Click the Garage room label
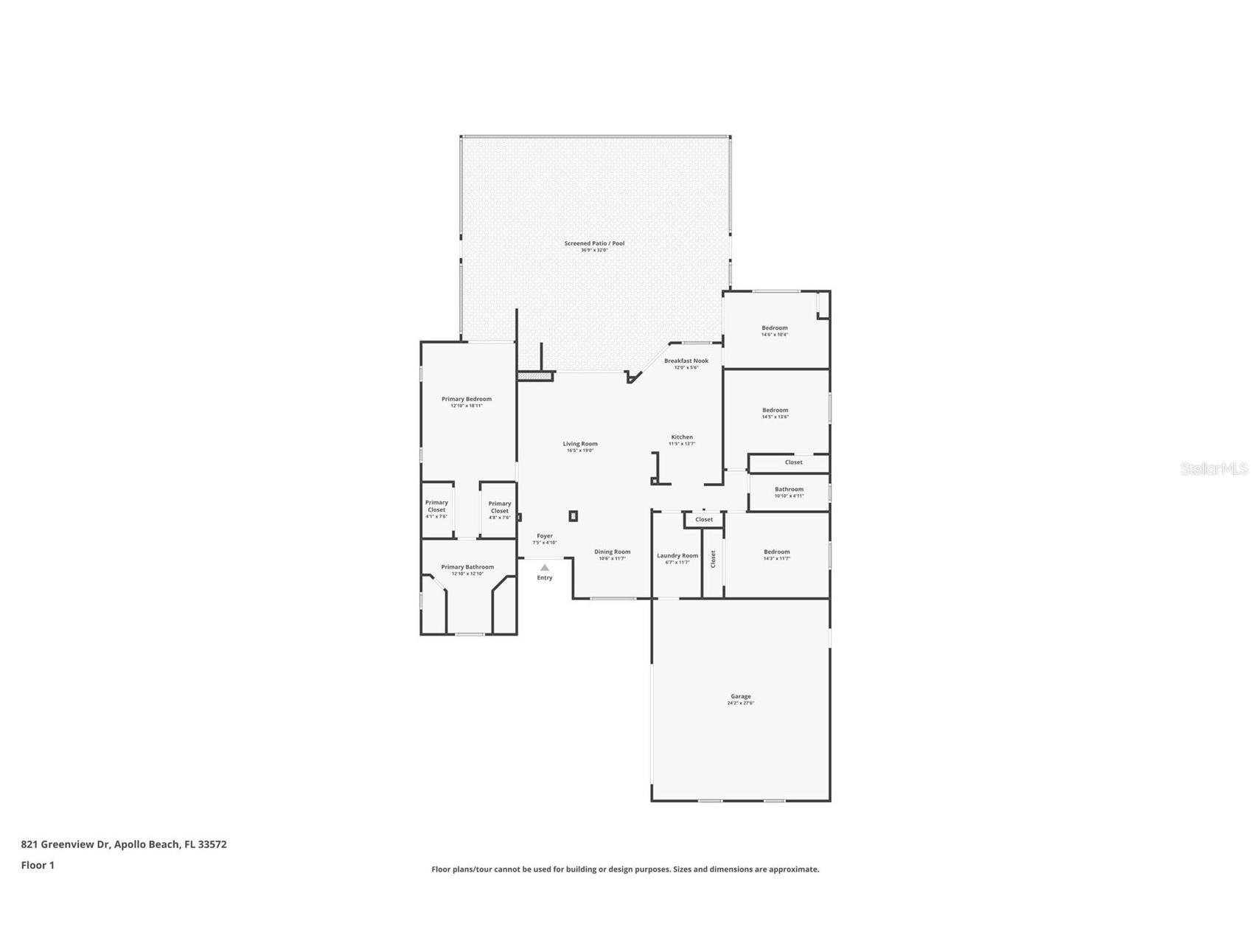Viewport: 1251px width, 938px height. click(740, 696)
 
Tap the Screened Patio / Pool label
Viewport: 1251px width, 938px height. click(594, 243)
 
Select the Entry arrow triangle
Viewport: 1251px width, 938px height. click(544, 568)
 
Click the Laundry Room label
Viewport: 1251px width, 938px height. click(677, 556)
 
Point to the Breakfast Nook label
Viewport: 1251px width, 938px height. click(686, 361)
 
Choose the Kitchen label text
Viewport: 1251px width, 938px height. click(681, 437)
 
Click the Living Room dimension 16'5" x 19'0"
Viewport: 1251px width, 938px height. click(580, 451)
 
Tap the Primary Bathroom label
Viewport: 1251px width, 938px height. click(467, 567)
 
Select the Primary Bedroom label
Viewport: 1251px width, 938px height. click(467, 399)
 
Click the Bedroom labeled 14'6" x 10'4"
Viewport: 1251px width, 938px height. click(774, 328)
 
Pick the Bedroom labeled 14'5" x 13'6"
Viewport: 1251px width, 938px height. click(775, 410)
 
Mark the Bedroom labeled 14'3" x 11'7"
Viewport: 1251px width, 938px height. click(776, 552)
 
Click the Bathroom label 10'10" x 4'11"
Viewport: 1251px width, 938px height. click(789, 490)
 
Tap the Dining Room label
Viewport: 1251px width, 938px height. click(612, 552)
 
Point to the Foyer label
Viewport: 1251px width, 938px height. click(545, 536)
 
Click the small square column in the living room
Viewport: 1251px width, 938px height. click(573, 516)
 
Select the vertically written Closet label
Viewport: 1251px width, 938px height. click(713, 559)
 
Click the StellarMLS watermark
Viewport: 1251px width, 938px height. click(1213, 468)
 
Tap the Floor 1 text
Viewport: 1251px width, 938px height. click(38, 865)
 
